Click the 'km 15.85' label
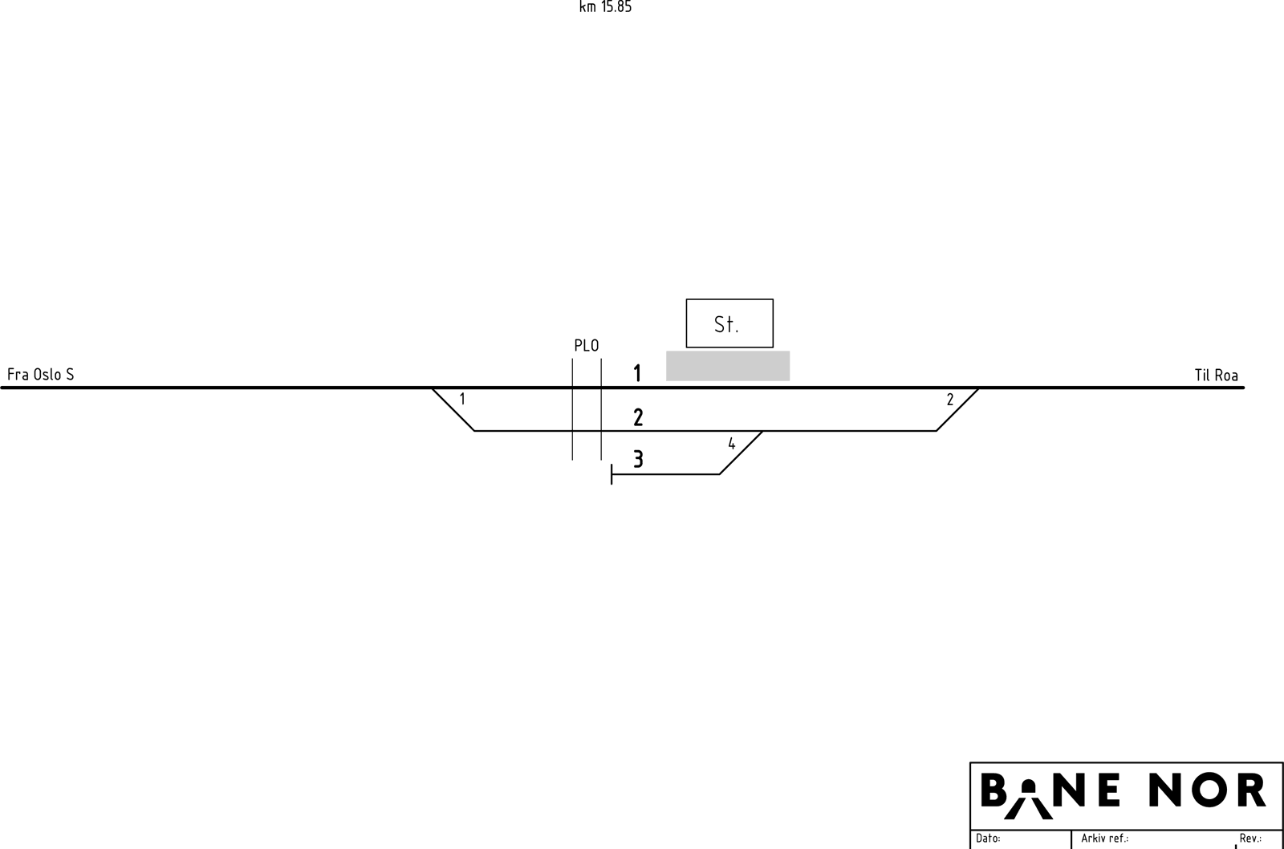pos(605,7)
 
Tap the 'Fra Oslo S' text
pos(41,374)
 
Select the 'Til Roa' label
pos(1216,375)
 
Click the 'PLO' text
pos(587,346)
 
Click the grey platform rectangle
pos(727,366)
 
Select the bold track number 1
pos(637,373)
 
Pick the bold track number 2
pos(638,416)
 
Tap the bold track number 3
pos(638,459)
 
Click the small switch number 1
pos(462,398)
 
